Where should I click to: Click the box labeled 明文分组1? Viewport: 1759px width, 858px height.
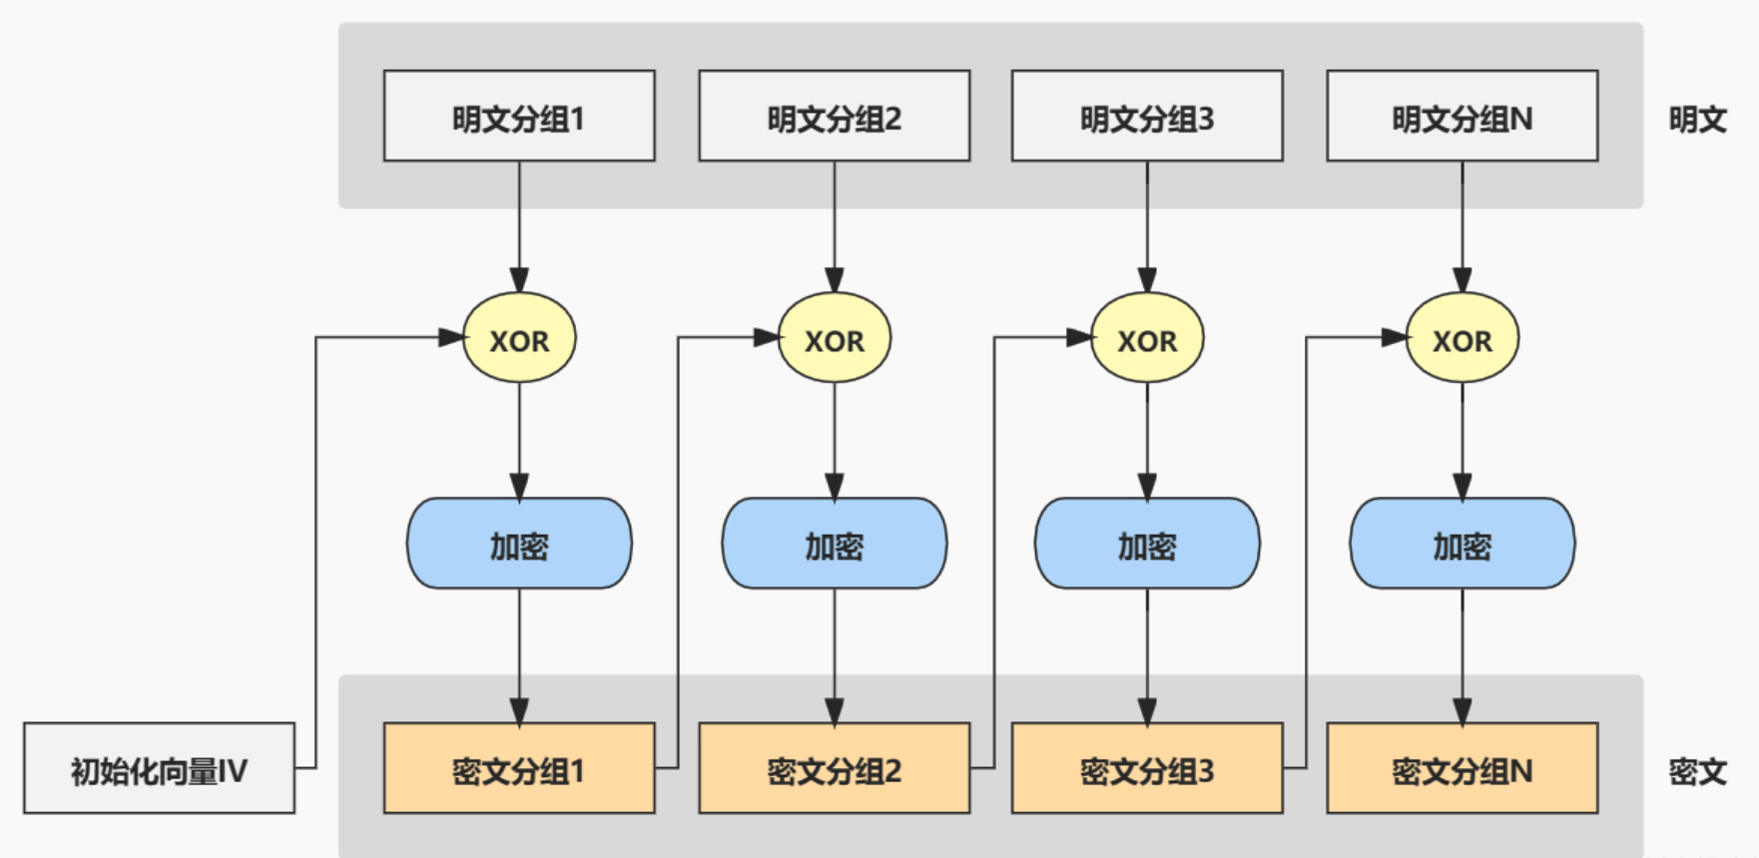[519, 116]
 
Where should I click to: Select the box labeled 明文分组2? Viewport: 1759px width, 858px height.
[835, 116]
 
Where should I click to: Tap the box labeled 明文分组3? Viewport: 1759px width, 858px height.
[1147, 116]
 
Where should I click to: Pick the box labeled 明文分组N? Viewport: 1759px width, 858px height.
[1462, 116]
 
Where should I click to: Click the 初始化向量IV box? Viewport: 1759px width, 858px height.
[159, 768]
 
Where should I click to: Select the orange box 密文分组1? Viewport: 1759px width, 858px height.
[519, 768]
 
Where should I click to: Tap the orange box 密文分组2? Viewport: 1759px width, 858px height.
[835, 768]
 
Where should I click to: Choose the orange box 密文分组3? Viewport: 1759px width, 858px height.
[1147, 768]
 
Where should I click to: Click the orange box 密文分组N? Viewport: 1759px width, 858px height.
[1462, 768]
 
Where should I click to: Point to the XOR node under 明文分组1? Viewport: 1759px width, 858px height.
[519, 338]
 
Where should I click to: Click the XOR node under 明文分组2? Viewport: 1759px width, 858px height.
[835, 338]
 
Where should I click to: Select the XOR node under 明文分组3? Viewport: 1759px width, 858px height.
[1147, 338]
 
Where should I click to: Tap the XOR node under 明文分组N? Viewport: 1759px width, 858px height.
[1462, 338]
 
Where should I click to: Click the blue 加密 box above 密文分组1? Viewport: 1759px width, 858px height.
[519, 544]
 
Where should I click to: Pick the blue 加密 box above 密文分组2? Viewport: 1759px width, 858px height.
[835, 544]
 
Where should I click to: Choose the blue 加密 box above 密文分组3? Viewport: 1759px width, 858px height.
[1147, 544]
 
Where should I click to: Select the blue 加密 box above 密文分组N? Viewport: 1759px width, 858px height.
[1462, 544]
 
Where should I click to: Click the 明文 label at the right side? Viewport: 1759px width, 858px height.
[1697, 120]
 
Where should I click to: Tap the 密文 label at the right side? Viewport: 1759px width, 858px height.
[1697, 771]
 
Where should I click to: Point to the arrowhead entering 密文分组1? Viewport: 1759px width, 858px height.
[519, 710]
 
